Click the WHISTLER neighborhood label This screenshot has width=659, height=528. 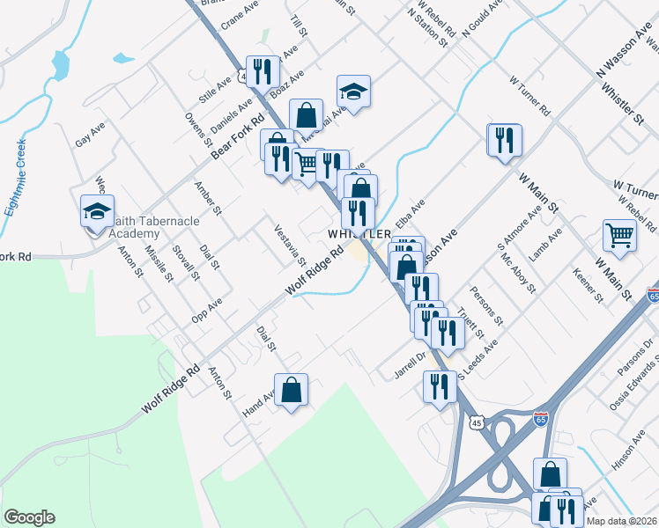[x=359, y=234]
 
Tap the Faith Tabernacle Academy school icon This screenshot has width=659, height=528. [x=98, y=212]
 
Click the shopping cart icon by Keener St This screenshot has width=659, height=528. [x=619, y=235]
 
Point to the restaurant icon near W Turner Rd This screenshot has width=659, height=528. [x=504, y=140]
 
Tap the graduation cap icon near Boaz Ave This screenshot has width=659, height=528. [x=353, y=91]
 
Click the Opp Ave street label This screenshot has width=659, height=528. [x=207, y=309]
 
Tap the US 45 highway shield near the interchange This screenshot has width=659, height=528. [x=477, y=423]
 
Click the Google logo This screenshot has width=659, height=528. [x=29, y=517]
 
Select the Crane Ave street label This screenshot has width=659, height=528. [x=239, y=15]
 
